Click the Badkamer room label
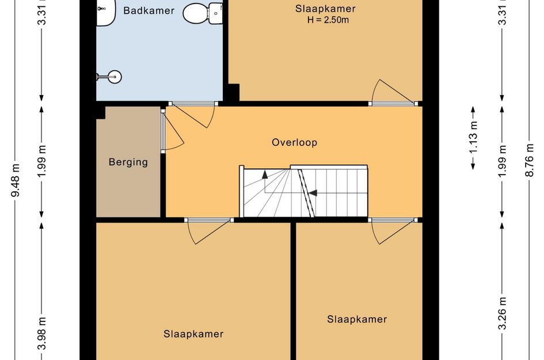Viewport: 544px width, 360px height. pos(149,10)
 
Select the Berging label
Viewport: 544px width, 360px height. pos(128,162)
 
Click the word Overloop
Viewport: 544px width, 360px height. pos(294,142)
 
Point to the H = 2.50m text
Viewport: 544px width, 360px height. pos(328,20)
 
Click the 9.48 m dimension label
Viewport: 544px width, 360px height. pos(16,180)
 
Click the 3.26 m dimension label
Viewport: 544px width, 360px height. pos(503,313)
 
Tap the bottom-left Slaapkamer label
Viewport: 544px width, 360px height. pos(193,334)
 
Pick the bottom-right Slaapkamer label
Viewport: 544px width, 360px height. pos(357,319)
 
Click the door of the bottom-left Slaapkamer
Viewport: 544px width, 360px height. pos(208,230)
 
